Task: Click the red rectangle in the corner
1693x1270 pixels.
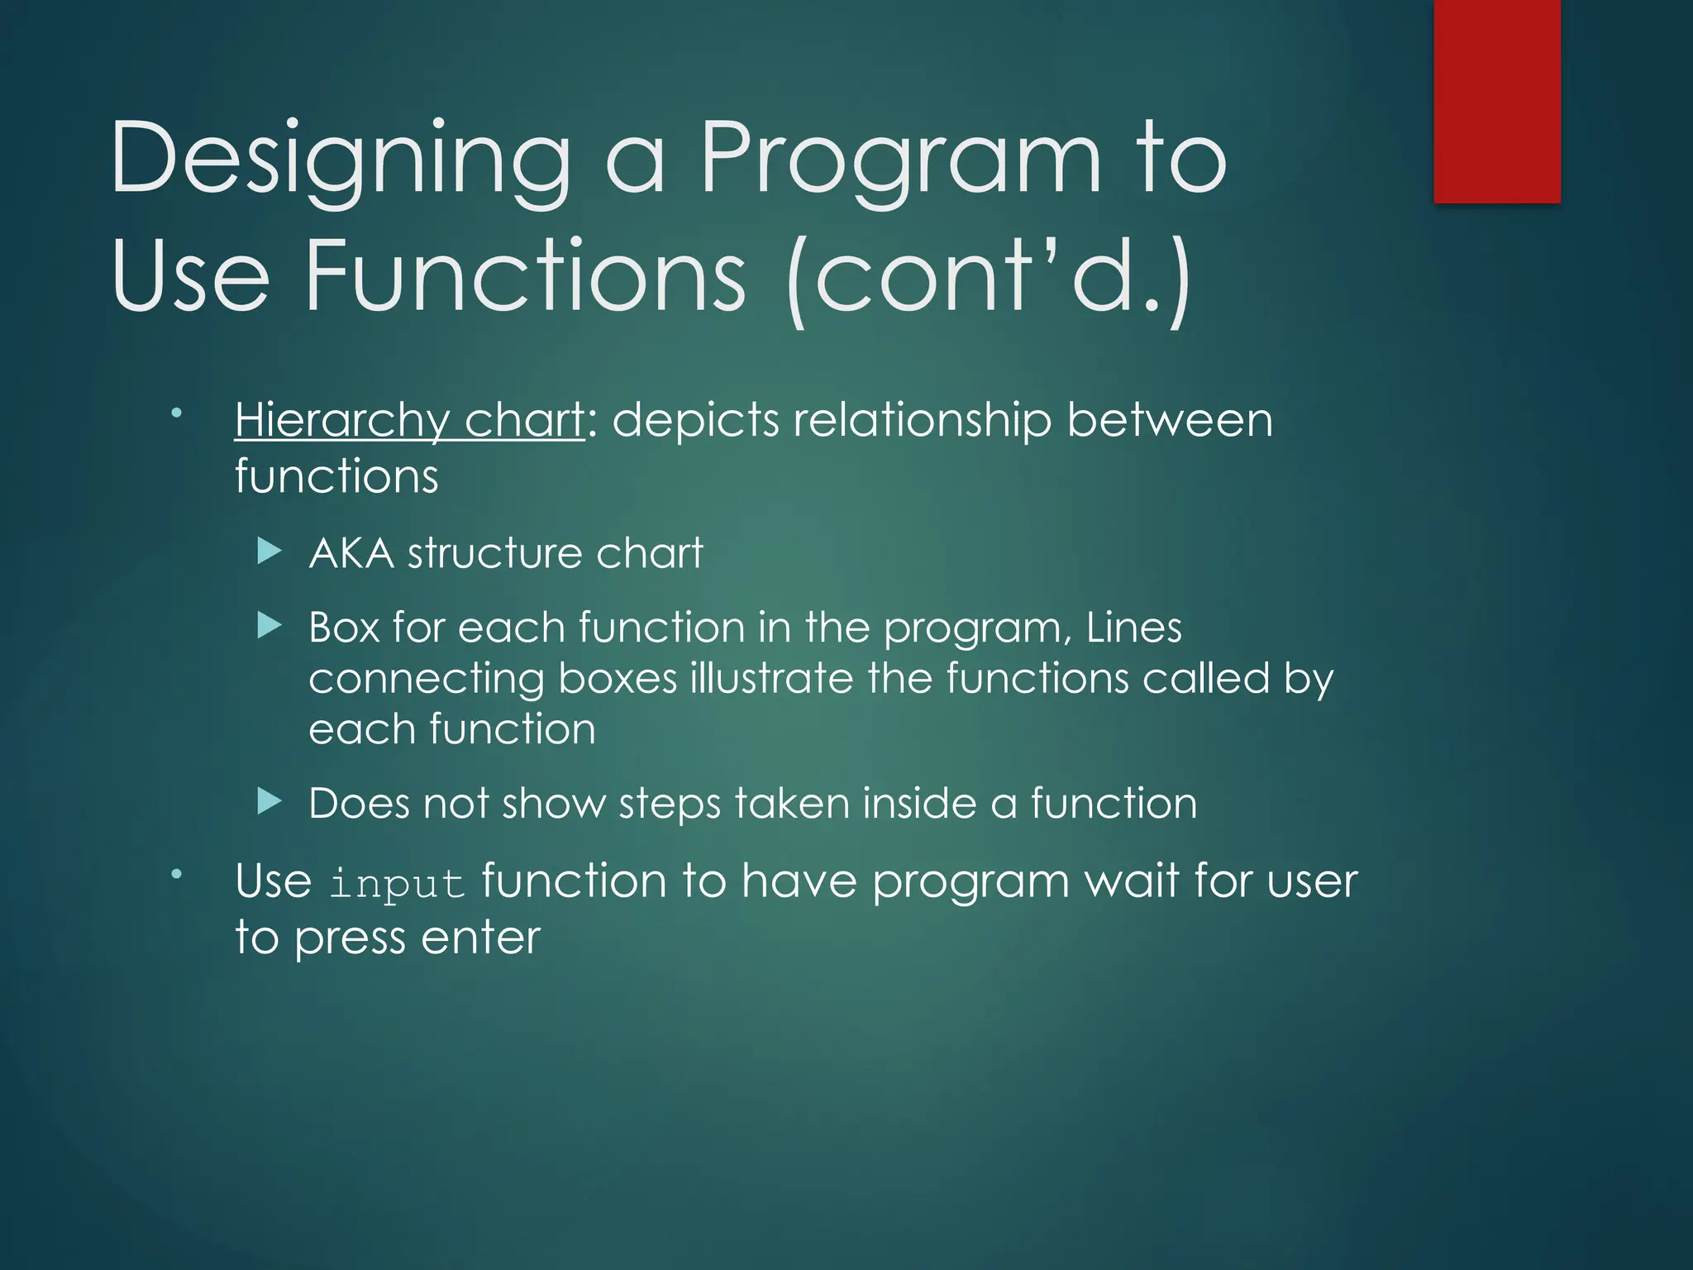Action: (x=1496, y=101)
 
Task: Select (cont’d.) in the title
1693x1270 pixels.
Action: (x=989, y=276)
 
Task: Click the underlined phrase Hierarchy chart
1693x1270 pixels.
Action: (x=410, y=420)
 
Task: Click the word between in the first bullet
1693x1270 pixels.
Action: (x=1169, y=420)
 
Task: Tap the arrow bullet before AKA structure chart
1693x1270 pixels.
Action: (x=269, y=551)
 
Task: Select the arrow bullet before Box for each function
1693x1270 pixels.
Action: (x=269, y=625)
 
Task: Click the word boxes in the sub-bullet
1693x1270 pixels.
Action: (x=618, y=678)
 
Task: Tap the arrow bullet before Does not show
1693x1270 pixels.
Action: (x=269, y=801)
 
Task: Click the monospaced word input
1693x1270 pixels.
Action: (x=397, y=883)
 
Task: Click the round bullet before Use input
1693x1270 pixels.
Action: (x=176, y=873)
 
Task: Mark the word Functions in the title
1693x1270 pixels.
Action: (x=526, y=276)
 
